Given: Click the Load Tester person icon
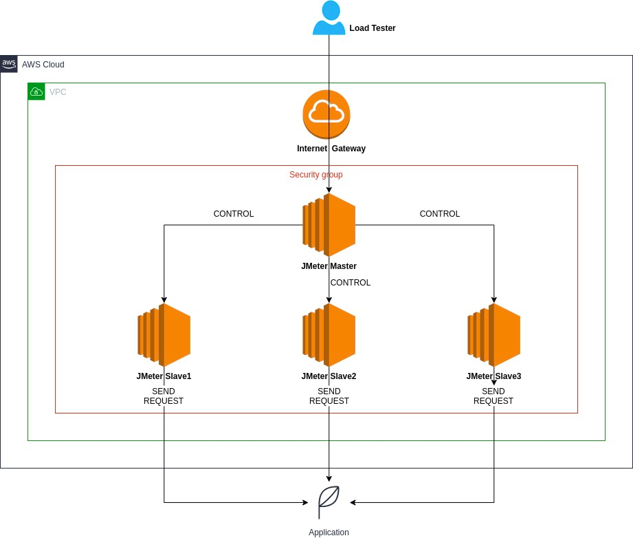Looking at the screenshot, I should pyautogui.click(x=329, y=19).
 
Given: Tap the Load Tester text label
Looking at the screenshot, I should pyautogui.click(x=372, y=28).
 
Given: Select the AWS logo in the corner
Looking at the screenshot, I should pyautogui.click(x=9, y=64).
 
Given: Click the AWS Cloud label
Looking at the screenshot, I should pyautogui.click(x=43, y=65).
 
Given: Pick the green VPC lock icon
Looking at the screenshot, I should pyautogui.click(x=36, y=92).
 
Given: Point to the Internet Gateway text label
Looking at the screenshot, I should pyautogui.click(x=331, y=149).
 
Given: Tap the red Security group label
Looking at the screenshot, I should pyautogui.click(x=315, y=175).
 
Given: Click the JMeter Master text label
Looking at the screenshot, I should pyautogui.click(x=329, y=266).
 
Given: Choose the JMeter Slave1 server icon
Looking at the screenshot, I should pyautogui.click(x=164, y=335).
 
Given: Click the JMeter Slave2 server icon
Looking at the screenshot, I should pyautogui.click(x=329, y=335).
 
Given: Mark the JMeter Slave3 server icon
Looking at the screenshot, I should pyautogui.click(x=494, y=335).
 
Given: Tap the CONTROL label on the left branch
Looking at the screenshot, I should pyautogui.click(x=234, y=214).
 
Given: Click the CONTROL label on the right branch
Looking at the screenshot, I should pyautogui.click(x=440, y=214).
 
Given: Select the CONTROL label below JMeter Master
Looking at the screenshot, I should pyautogui.click(x=351, y=283).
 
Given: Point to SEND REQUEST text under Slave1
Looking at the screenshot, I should pyautogui.click(x=164, y=396).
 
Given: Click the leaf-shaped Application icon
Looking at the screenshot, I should pyautogui.click(x=329, y=502).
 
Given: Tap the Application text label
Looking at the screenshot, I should pyautogui.click(x=329, y=532).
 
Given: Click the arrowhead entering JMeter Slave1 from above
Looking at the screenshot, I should pyautogui.click(x=164, y=299).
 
